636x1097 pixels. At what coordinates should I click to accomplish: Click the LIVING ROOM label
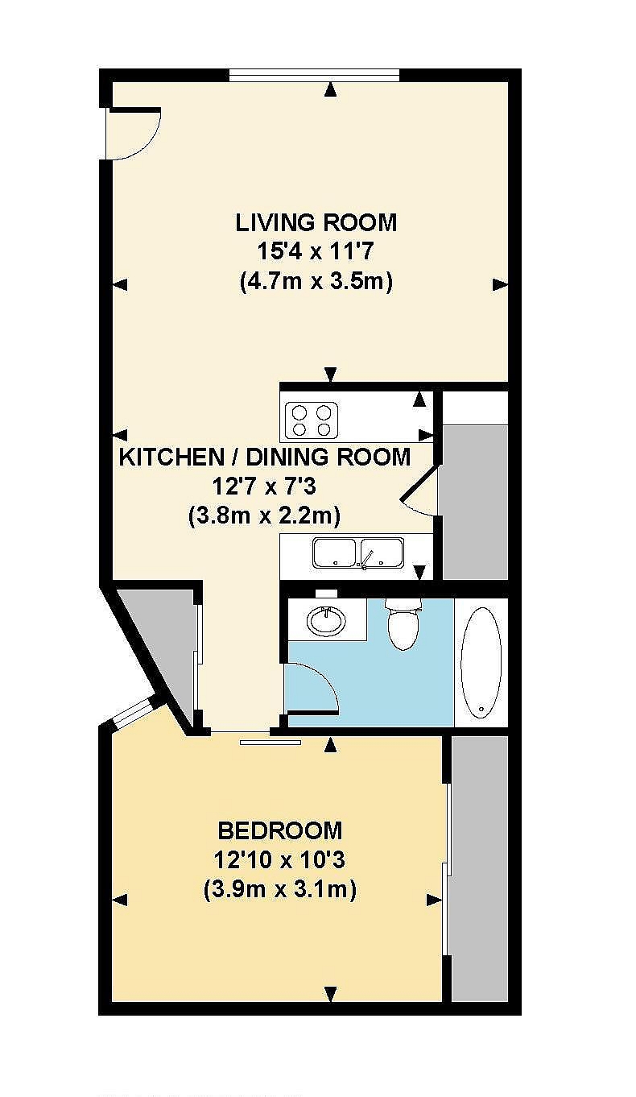316,223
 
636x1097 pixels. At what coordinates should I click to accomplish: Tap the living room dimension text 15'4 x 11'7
316,252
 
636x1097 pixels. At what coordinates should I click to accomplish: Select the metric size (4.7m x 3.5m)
316,282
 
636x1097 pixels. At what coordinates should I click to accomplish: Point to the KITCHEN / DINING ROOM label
265,457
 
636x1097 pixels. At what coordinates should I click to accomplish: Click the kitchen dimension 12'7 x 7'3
264,486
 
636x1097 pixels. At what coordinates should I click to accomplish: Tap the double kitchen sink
359,553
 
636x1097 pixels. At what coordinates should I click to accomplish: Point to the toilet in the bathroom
403,623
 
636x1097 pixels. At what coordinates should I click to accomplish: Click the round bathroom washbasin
327,621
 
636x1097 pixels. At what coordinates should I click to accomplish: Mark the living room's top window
314,74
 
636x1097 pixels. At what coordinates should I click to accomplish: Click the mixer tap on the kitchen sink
367,559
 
